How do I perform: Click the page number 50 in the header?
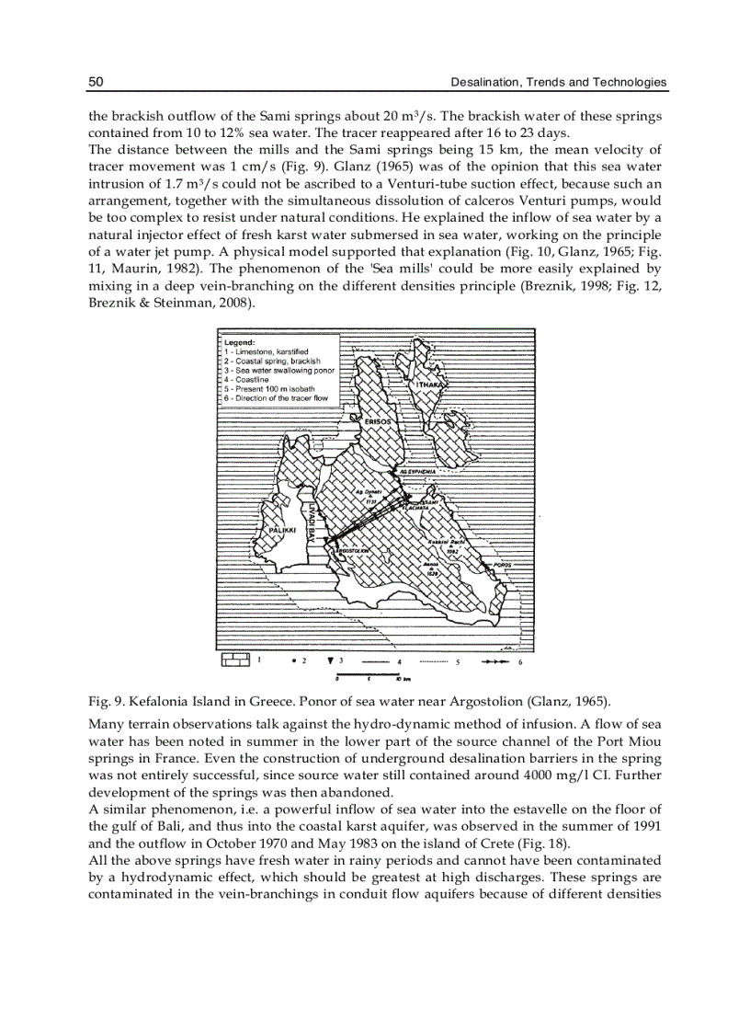point(96,83)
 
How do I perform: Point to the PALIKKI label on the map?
point(281,532)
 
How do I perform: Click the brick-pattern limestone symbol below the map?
point(235,660)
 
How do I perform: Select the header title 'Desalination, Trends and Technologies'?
point(558,83)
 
